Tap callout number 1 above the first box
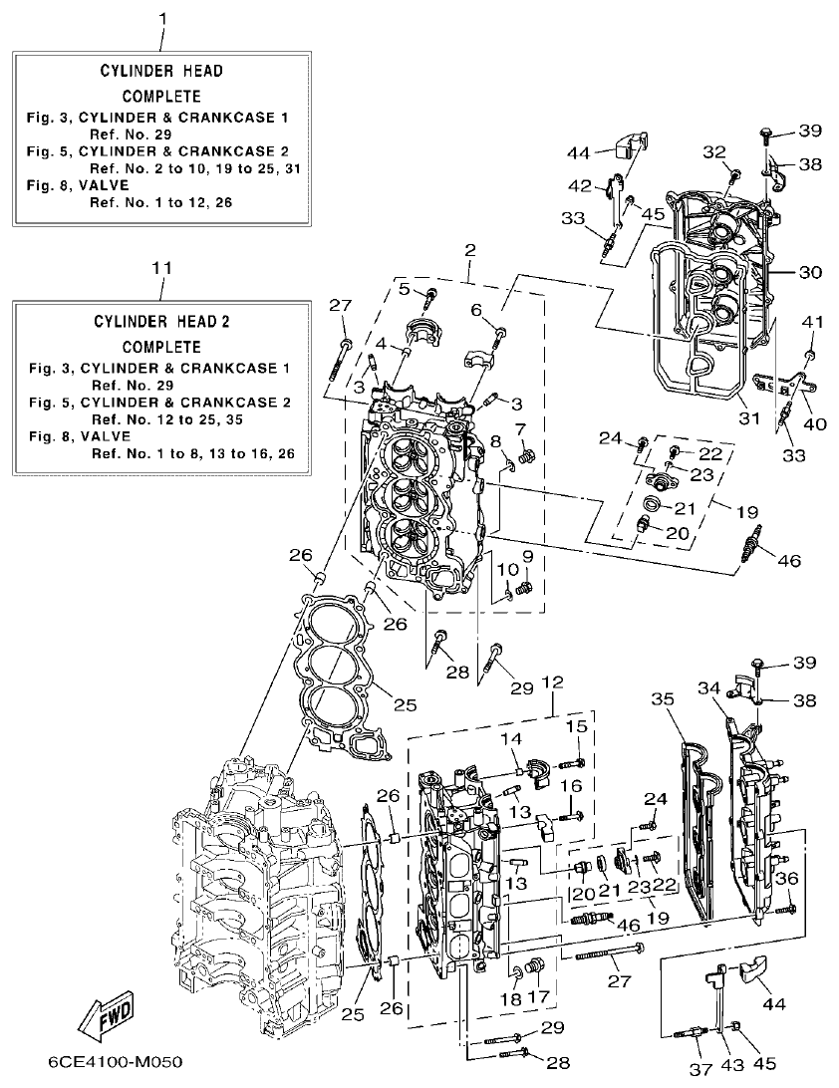click(x=163, y=17)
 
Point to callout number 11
click(x=163, y=268)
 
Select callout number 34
click(x=708, y=688)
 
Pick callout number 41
click(x=814, y=322)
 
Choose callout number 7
click(x=519, y=428)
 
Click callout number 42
click(x=580, y=186)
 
